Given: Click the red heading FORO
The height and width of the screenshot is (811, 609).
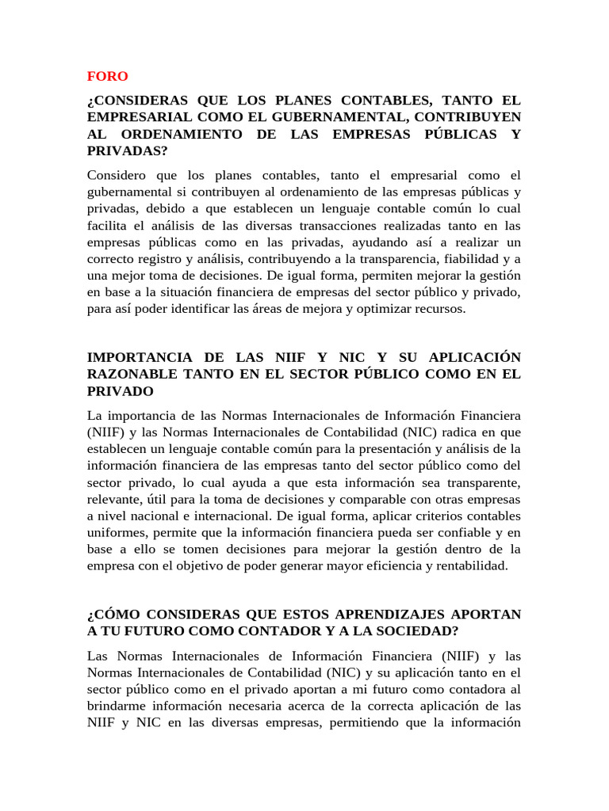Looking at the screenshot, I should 107,76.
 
